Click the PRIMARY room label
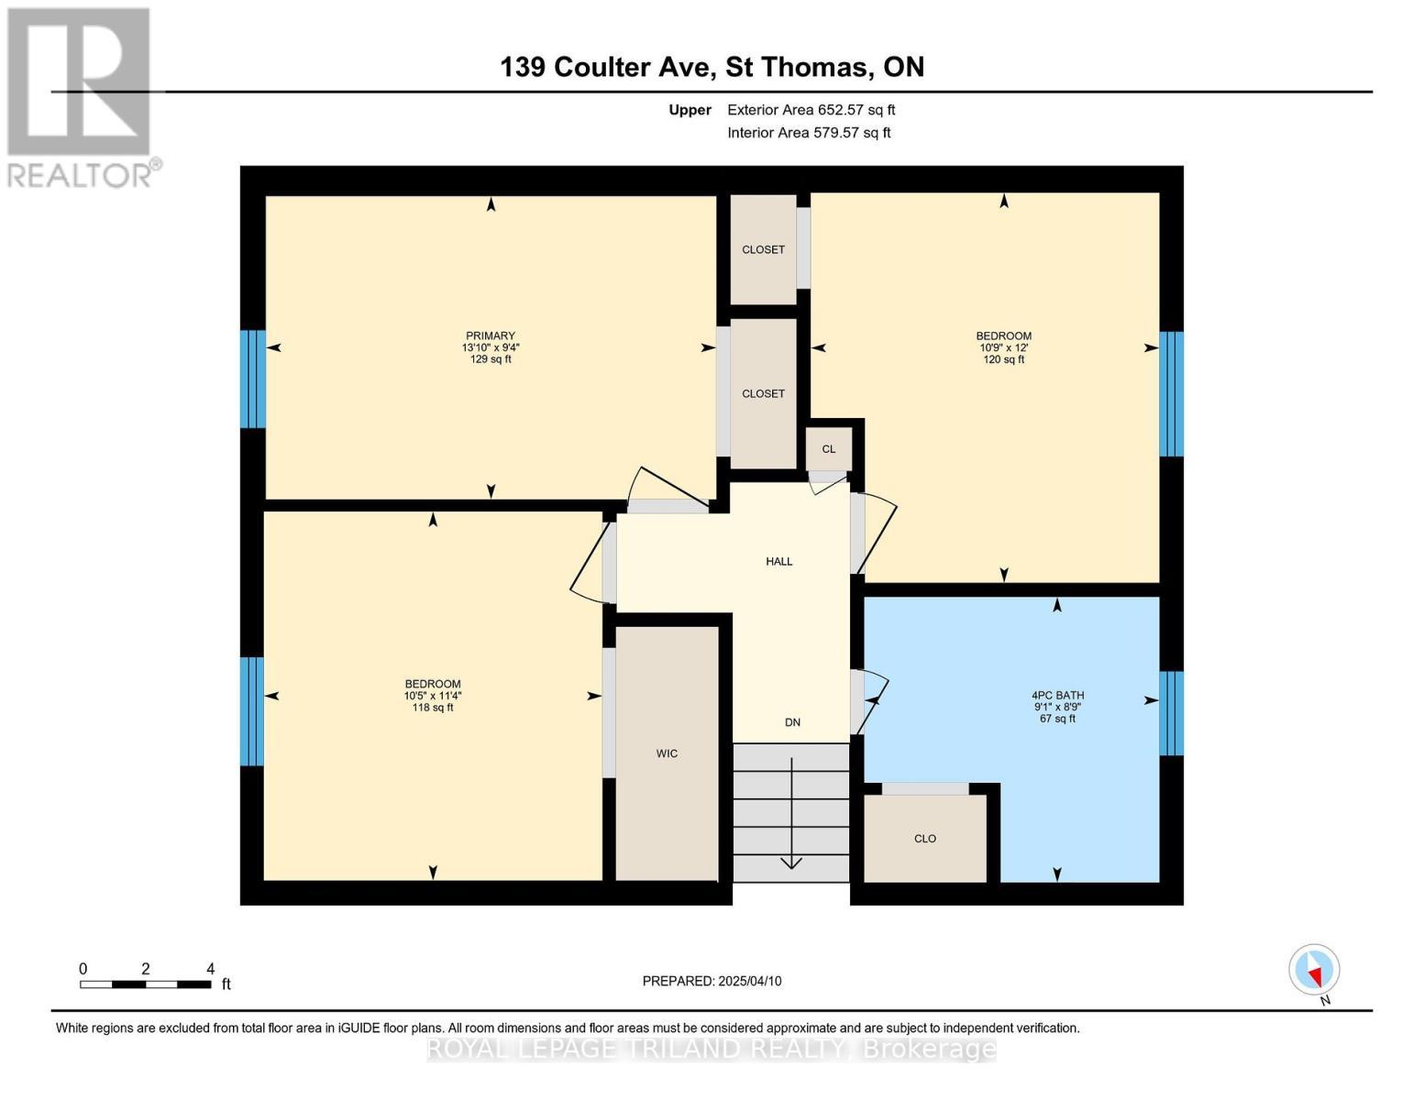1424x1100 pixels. click(491, 335)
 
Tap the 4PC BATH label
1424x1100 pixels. click(1057, 696)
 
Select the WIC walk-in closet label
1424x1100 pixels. click(667, 753)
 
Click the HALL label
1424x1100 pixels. click(779, 561)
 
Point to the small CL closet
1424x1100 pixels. click(829, 449)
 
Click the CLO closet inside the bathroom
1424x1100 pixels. click(925, 839)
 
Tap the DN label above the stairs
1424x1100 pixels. click(792, 722)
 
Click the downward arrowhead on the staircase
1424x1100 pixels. click(790, 862)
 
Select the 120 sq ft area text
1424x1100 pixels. click(1004, 360)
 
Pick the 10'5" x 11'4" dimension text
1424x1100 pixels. click(433, 696)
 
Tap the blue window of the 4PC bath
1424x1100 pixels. click(1171, 713)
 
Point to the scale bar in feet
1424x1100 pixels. click(145, 984)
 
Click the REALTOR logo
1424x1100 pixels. click(81, 96)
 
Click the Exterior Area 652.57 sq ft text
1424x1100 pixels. click(811, 110)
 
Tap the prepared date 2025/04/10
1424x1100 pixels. click(712, 981)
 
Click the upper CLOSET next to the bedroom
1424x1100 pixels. click(763, 249)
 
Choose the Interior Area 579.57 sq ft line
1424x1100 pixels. click(809, 133)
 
